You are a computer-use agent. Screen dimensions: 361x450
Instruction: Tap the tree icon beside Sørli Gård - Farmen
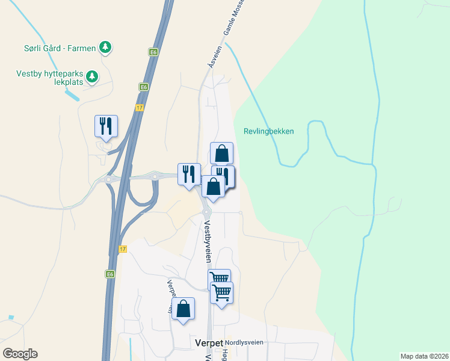coord(105,46)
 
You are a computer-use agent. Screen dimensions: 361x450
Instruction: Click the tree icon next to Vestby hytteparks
coord(92,76)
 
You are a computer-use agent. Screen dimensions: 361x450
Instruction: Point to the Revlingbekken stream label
coord(269,131)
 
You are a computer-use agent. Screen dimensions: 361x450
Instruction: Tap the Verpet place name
coord(209,342)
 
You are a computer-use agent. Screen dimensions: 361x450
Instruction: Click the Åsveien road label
coord(211,59)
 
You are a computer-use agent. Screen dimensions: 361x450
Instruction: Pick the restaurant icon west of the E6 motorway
coord(106,126)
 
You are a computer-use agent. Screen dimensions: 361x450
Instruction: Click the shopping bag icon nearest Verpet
coord(184,309)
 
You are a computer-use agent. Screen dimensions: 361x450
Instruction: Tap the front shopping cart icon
coord(222,293)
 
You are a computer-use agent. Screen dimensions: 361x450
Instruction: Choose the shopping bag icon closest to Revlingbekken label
coord(221,153)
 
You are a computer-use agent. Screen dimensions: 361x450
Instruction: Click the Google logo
coord(20,354)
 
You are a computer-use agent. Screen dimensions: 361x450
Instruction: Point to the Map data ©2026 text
coord(424,356)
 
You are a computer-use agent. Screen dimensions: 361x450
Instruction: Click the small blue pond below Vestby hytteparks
coord(71,94)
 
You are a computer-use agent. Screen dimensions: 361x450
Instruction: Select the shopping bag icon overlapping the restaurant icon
coord(213,186)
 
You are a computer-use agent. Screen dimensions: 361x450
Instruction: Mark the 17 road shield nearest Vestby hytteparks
coord(140,108)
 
